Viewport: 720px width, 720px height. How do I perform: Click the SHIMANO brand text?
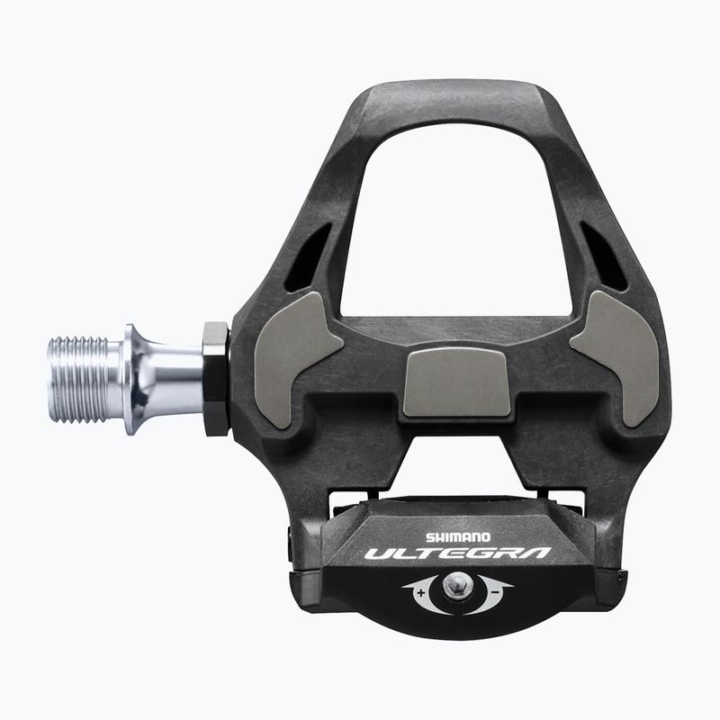coord(458,536)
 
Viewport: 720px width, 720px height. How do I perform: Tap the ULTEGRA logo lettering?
coord(458,553)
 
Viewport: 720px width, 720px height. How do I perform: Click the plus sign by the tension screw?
coord(421,592)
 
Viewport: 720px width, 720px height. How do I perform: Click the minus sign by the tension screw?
coord(496,592)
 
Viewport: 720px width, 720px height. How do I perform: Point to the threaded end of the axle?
coord(78,379)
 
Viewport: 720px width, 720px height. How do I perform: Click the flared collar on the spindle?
coord(134,379)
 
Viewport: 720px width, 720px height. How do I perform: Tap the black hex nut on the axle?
coord(215,379)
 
